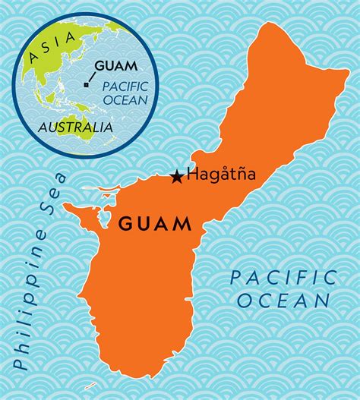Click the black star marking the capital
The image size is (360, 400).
[x=176, y=176]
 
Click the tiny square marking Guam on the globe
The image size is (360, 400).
[x=86, y=85]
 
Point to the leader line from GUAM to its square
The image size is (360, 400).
[x=91, y=77]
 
